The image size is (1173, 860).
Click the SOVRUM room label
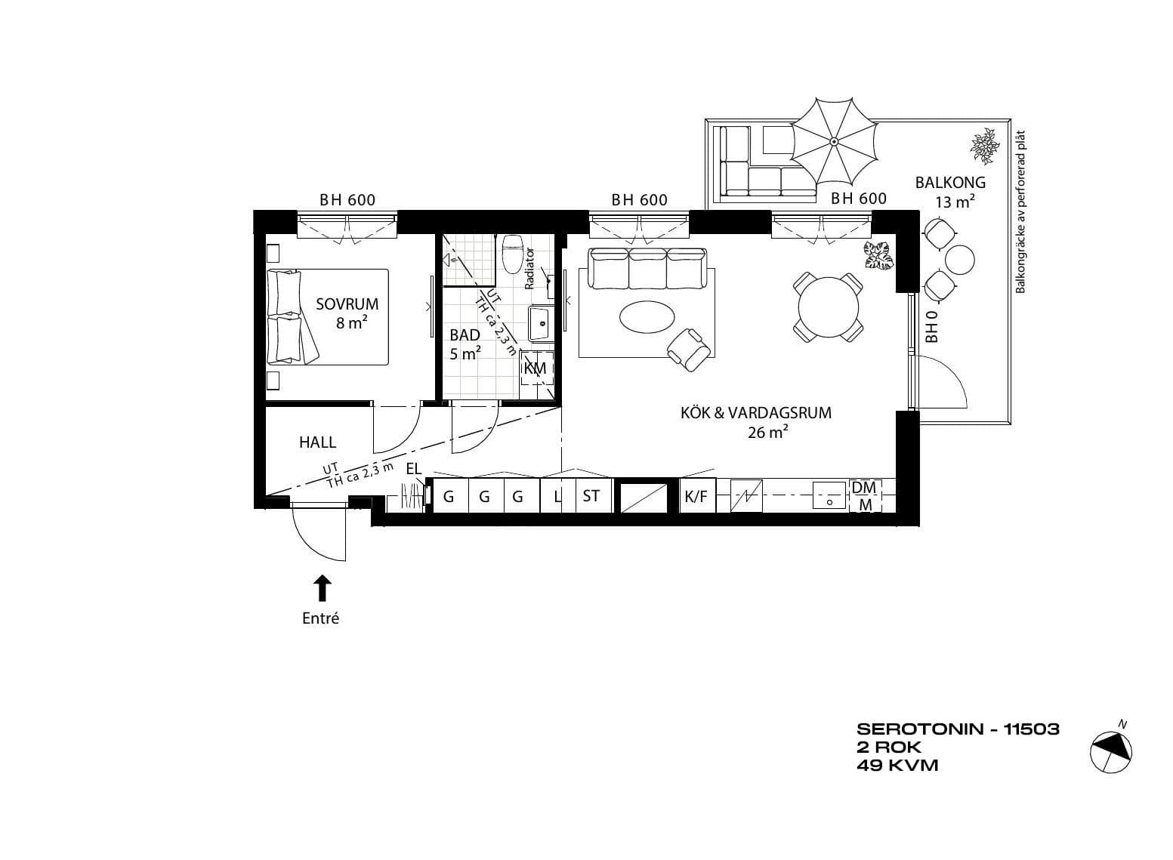click(347, 304)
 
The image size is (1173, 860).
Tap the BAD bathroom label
click(465, 334)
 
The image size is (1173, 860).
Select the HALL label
click(317, 442)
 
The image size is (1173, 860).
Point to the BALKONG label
click(950, 183)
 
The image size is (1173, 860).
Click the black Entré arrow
click(323, 588)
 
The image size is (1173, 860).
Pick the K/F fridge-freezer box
click(696, 496)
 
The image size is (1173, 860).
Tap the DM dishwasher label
click(864, 487)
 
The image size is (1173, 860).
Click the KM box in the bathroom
click(536, 368)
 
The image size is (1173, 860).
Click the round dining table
click(829, 307)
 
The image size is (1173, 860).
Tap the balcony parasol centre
click(834, 140)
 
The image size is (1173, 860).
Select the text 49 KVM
click(897, 766)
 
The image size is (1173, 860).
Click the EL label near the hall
click(414, 469)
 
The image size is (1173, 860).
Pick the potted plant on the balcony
click(986, 146)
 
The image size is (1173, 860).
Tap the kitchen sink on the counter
click(829, 495)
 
